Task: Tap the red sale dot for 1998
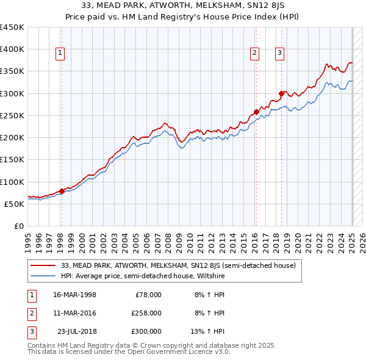(x=62, y=191)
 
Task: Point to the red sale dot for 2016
(x=256, y=112)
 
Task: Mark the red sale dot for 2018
(x=281, y=93)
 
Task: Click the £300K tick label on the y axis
(x=12, y=93)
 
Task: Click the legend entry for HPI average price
(x=143, y=276)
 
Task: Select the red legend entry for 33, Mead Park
(x=178, y=265)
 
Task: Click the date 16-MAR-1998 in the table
(x=75, y=294)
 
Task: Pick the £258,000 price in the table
(x=146, y=313)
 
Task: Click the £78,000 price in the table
(x=148, y=294)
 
